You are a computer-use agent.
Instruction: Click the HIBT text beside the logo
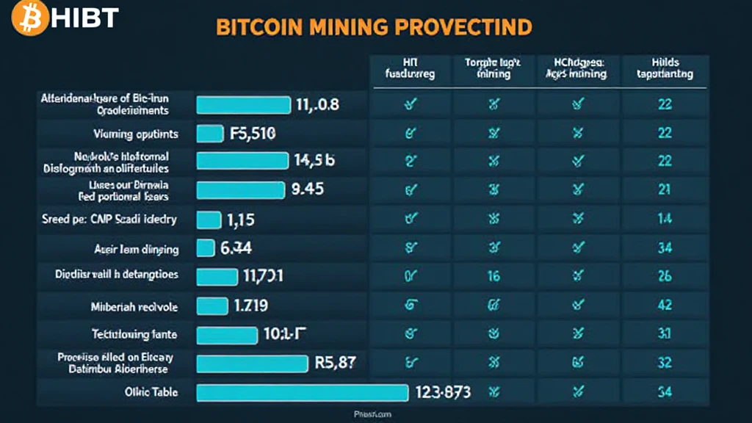84,19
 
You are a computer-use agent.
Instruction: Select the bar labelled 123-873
303,392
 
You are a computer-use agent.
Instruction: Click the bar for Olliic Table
303,392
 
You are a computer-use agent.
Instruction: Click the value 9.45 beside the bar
308,189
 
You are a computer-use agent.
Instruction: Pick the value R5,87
335,363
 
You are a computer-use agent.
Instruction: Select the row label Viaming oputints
135,134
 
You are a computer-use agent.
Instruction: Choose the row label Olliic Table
151,392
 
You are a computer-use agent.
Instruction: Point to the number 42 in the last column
665,305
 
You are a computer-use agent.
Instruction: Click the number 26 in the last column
665,277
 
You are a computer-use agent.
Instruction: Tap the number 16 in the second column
493,277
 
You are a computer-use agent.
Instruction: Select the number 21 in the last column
665,190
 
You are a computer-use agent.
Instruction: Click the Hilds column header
665,68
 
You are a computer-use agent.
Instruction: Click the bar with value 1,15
209,220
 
